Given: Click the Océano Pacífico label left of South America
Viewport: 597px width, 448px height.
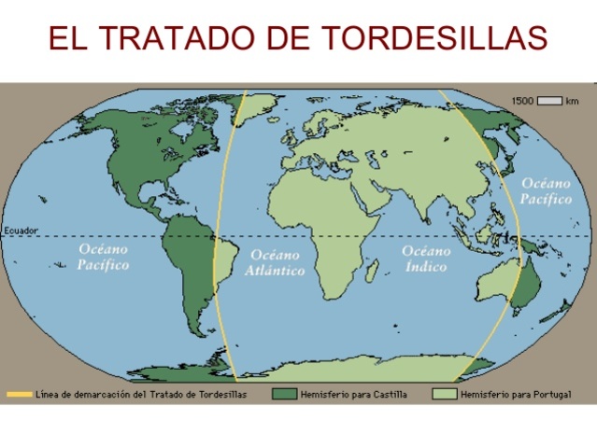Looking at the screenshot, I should pyautogui.click(x=104, y=258).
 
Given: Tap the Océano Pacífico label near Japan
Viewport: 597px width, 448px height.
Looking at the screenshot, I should pyautogui.click(x=546, y=191).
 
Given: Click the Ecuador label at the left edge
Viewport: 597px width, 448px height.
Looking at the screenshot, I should pyautogui.click(x=20, y=231).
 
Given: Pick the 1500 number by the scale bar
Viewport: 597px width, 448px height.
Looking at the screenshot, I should pyautogui.click(x=521, y=100).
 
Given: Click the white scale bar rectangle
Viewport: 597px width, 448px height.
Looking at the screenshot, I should pyautogui.click(x=549, y=100).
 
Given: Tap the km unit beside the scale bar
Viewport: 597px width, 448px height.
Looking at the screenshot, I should pyautogui.click(x=572, y=100).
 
